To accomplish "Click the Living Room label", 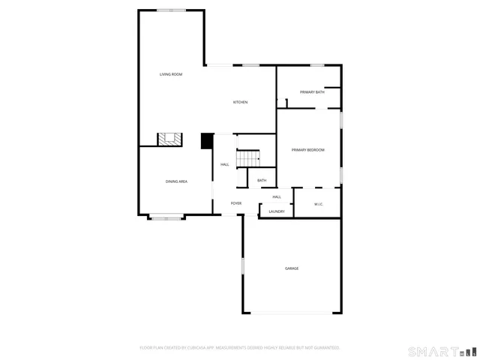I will (171, 74).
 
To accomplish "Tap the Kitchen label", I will (240, 102).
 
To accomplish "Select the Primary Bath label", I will (312, 92).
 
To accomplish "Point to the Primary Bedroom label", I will (307, 150).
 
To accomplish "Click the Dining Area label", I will (176, 181).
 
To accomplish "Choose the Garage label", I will (292, 268).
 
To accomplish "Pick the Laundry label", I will (277, 211).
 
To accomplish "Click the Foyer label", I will (235, 203).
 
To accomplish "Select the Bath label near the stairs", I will (262, 180).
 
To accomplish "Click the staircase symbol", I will (248, 159).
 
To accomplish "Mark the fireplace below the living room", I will (169, 139).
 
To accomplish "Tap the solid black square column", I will (207, 141).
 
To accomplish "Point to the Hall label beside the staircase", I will (225, 164).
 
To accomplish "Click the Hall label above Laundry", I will (277, 196).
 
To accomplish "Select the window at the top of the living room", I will (172, 10).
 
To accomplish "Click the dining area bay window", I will (166, 218).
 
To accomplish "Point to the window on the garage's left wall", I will (242, 266).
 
